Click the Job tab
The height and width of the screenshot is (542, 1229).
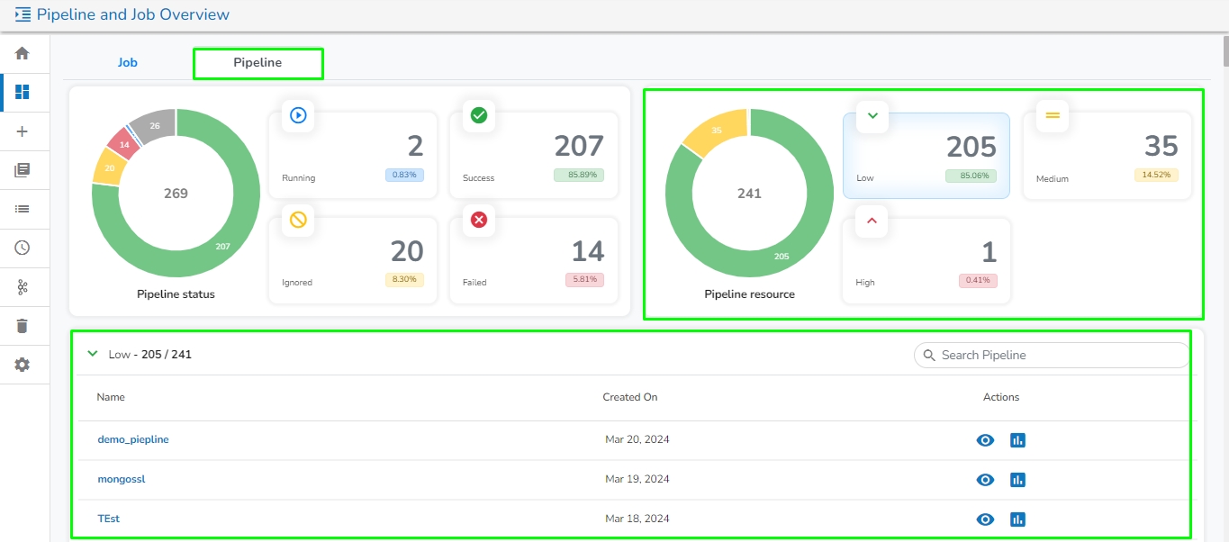click(127, 63)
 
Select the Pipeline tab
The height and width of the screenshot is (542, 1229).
click(258, 63)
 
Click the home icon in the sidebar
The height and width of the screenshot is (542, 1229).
click(23, 53)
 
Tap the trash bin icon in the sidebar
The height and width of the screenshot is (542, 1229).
click(23, 326)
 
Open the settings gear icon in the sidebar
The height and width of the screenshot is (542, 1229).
click(23, 365)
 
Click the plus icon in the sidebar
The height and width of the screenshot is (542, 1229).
click(23, 131)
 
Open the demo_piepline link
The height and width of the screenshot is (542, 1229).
click(133, 440)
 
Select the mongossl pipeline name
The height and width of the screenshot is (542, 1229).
click(122, 479)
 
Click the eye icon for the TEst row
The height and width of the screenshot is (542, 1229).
click(986, 519)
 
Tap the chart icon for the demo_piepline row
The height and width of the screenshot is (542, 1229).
click(1018, 440)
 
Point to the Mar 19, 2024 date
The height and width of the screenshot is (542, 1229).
click(637, 479)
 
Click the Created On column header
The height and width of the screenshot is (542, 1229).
click(630, 397)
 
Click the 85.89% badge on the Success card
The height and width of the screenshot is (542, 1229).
click(578, 176)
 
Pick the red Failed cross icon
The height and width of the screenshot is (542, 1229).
click(479, 220)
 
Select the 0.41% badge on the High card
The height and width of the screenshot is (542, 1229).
click(978, 280)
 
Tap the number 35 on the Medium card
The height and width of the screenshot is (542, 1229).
click(1161, 146)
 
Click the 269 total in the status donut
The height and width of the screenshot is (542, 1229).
click(176, 194)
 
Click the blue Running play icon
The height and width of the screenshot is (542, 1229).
click(298, 115)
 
